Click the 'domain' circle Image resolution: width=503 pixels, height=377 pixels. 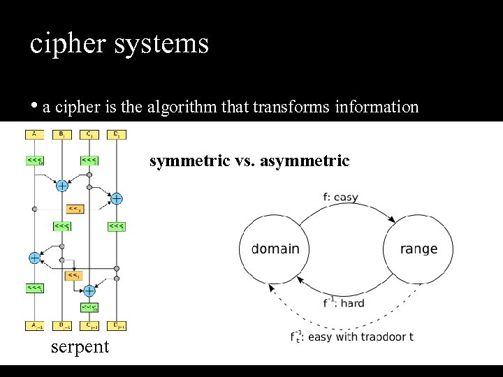[x=275, y=249]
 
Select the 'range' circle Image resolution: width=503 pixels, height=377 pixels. [x=418, y=249]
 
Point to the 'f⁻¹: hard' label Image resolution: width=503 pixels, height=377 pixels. [x=343, y=302]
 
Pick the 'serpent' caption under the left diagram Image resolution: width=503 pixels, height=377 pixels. [x=80, y=347]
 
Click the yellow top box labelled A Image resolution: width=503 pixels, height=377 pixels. [x=34, y=134]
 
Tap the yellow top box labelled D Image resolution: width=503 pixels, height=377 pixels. [x=116, y=134]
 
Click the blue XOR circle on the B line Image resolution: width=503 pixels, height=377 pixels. [x=61, y=186]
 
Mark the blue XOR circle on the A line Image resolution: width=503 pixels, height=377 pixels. [x=34, y=258]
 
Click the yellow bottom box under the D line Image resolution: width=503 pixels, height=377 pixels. [x=116, y=325]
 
